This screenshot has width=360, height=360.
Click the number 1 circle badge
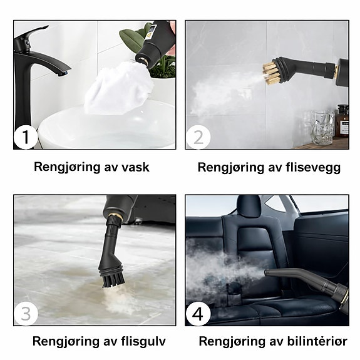26,138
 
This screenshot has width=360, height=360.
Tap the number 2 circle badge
198,137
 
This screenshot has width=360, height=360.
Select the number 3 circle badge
26,314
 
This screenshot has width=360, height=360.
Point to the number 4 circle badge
198,314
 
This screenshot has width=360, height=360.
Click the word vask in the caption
135,167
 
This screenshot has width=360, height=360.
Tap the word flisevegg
313,168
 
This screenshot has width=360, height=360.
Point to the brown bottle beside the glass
343,121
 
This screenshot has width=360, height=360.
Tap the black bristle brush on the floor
113,280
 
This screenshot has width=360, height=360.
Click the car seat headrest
250,206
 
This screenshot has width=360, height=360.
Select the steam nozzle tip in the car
267,273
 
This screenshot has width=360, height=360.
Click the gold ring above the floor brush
115,216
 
